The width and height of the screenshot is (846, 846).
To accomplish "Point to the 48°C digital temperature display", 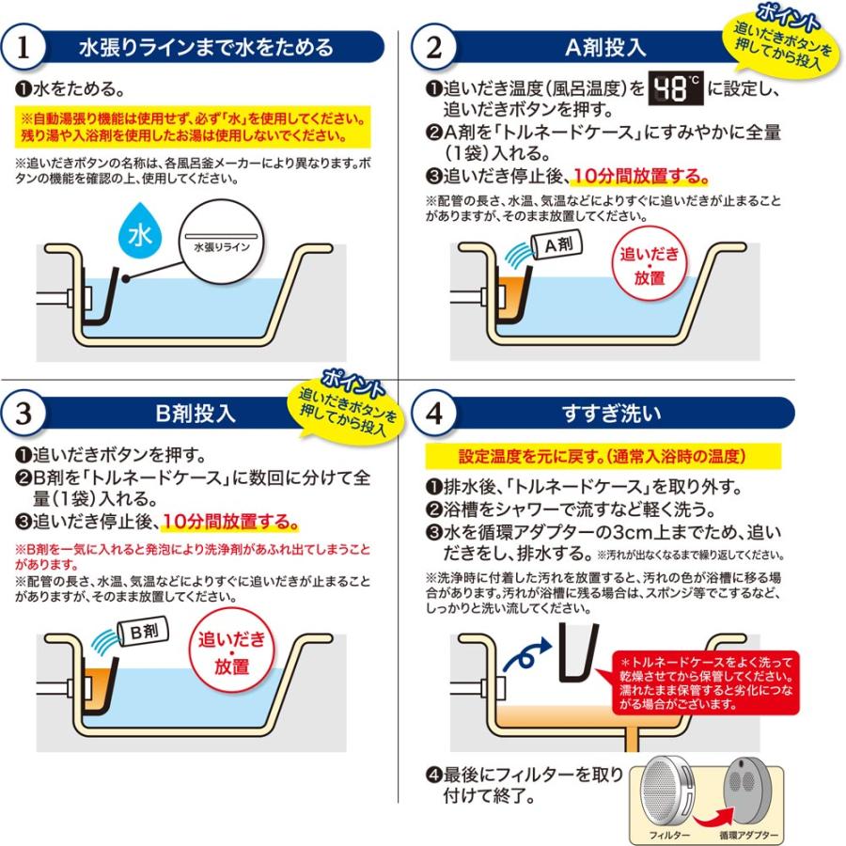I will [x=675, y=89].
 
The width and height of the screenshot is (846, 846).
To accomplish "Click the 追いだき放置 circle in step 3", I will [x=231, y=651].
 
